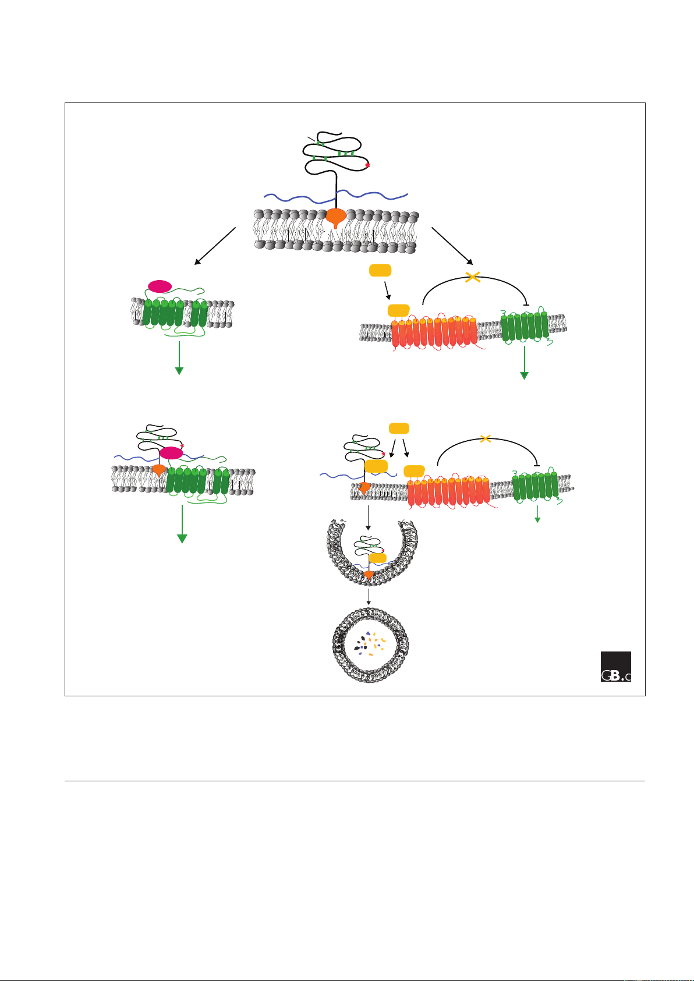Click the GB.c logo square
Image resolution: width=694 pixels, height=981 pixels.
615,666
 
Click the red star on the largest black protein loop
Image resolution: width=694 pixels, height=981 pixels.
367,166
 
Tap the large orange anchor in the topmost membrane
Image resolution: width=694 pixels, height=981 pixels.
335,218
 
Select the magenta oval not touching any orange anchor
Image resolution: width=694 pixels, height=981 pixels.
160,286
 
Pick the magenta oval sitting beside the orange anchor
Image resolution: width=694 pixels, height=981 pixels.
171,453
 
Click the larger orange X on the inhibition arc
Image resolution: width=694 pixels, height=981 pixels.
473,278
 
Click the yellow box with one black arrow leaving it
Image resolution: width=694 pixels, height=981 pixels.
380,270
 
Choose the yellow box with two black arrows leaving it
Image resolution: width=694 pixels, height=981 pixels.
398,428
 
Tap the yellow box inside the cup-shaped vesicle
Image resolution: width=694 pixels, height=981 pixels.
378,558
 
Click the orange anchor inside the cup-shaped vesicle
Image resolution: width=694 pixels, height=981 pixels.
368,575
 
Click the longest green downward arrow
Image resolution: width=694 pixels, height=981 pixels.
182,523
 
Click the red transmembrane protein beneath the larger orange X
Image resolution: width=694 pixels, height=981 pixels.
434,332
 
